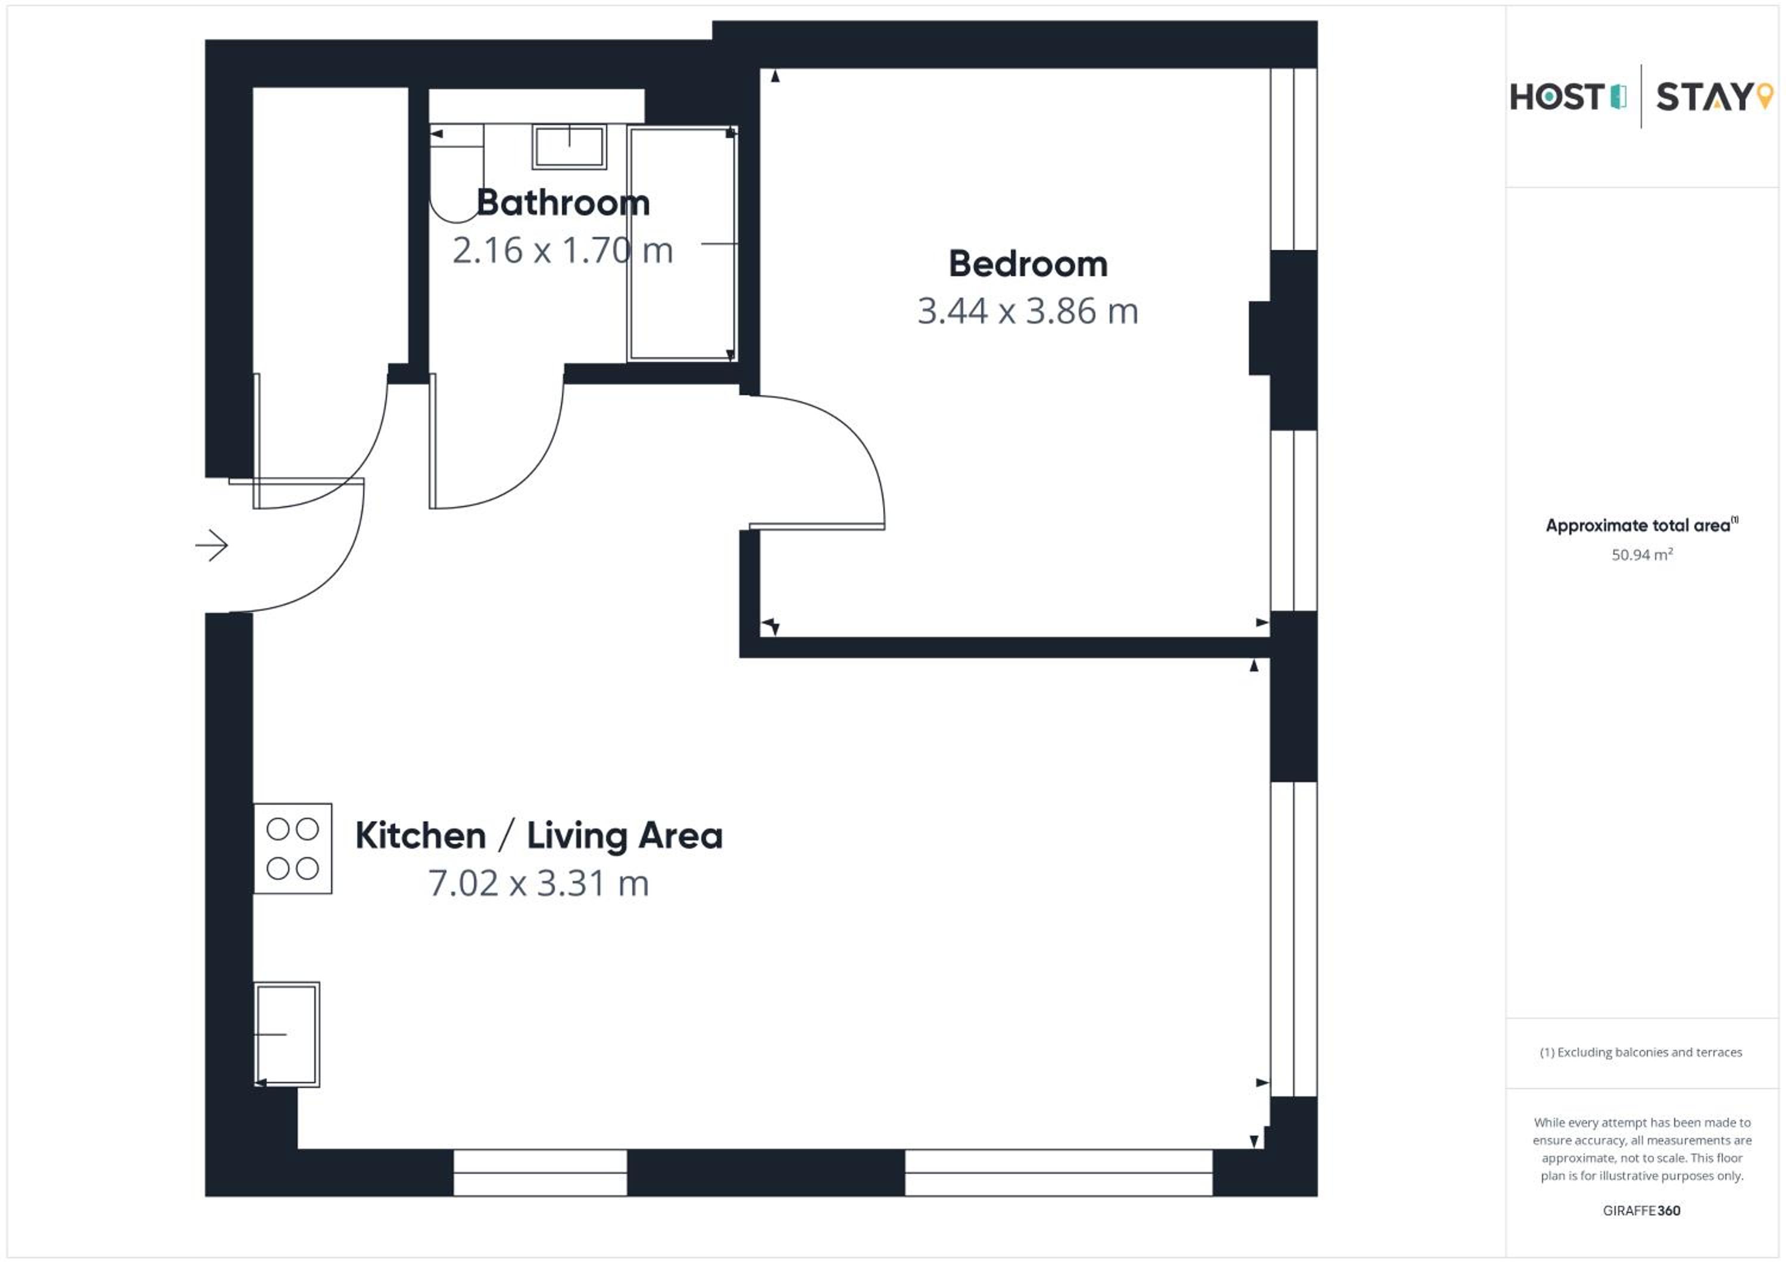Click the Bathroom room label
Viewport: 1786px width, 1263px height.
[x=563, y=203]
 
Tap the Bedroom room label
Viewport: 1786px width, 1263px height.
[x=1028, y=264]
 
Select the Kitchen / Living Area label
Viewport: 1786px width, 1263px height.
[x=539, y=836]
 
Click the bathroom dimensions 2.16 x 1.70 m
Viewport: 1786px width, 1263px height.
[x=563, y=251]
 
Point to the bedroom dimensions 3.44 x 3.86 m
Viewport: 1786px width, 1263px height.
[x=1028, y=311]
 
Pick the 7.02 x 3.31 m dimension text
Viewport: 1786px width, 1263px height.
[x=538, y=883]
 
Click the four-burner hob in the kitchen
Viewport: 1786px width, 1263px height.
[x=292, y=849]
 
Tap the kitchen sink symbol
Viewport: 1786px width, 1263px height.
[x=287, y=1034]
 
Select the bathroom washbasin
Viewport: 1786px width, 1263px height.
[x=569, y=147]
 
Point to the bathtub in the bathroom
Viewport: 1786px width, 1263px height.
[x=682, y=243]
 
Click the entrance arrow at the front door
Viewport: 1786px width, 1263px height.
[x=211, y=545]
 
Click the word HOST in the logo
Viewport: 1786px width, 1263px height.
[x=1557, y=97]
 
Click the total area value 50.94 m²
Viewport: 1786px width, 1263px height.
[x=1641, y=555]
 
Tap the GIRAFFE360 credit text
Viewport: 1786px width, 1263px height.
[x=1641, y=1211]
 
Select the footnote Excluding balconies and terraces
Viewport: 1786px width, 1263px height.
[x=1641, y=1052]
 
